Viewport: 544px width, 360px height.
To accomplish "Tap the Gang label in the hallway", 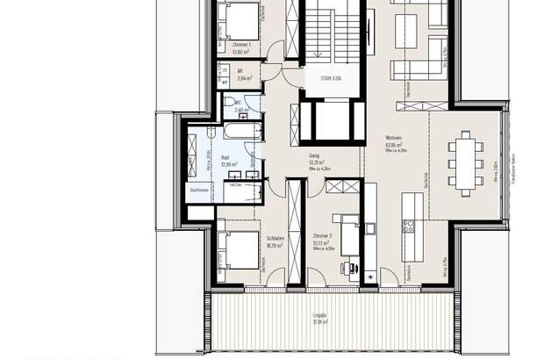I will [x=314, y=158].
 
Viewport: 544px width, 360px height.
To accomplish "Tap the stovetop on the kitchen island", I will [x=408, y=226].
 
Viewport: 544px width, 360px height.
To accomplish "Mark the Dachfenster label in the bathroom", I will [x=199, y=190].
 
